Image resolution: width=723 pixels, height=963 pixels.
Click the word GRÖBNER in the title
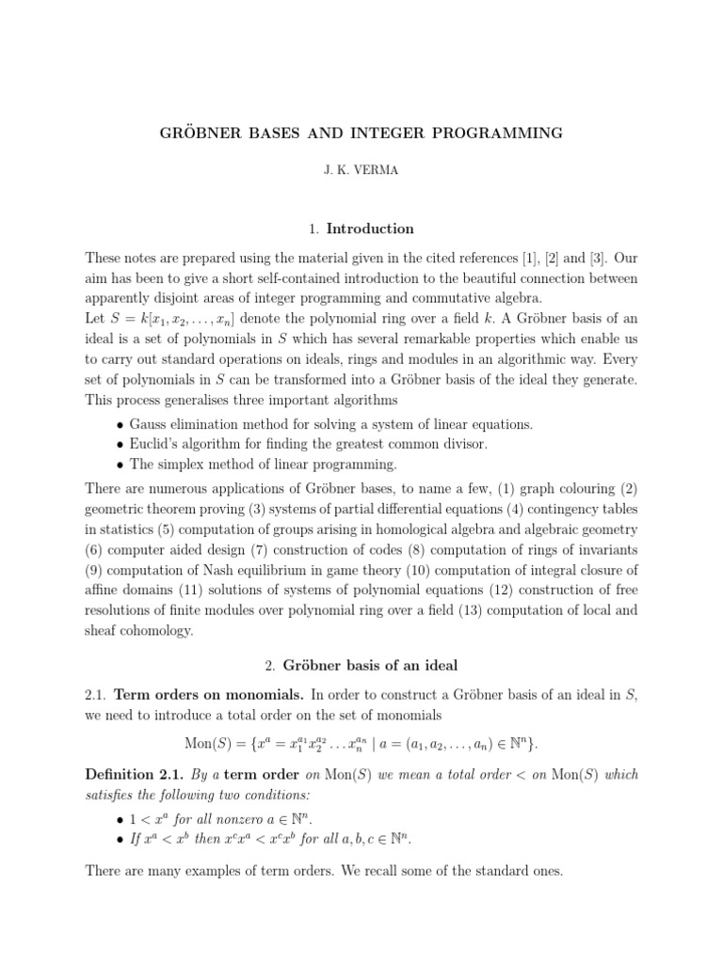(200, 133)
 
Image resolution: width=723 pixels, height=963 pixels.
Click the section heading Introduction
(378, 229)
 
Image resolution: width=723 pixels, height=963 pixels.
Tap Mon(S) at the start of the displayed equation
(214, 743)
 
